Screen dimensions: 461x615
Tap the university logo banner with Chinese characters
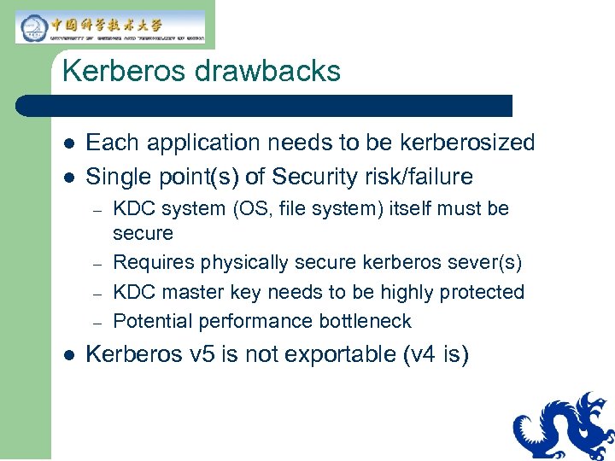tap(110, 26)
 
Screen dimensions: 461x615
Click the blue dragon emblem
tap(565, 427)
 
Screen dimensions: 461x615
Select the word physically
tap(243, 263)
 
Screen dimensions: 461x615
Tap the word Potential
tap(150, 321)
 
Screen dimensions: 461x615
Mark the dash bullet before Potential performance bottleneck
tap(98, 322)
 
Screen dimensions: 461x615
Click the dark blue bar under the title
tap(265, 106)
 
